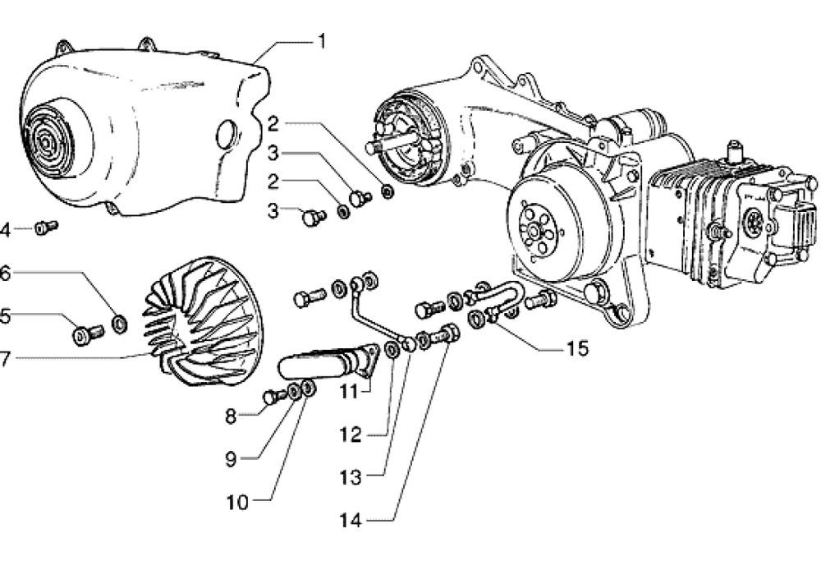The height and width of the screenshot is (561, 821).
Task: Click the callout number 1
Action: pyautogui.click(x=322, y=41)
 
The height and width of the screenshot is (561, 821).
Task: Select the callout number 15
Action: pyautogui.click(x=577, y=348)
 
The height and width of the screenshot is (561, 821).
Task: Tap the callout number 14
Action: pyautogui.click(x=351, y=520)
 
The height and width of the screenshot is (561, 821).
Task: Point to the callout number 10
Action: pyautogui.click(x=236, y=503)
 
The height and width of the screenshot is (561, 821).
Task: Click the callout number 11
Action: pyautogui.click(x=349, y=391)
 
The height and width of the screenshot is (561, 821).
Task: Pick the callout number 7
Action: pyautogui.click(x=5, y=359)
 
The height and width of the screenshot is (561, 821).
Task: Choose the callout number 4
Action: pyautogui.click(x=5, y=229)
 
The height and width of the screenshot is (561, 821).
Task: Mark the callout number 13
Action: pyautogui.click(x=351, y=477)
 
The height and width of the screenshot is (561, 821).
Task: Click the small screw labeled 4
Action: pyautogui.click(x=46, y=228)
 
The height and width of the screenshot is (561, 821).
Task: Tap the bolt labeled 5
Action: pyautogui.click(x=88, y=334)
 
